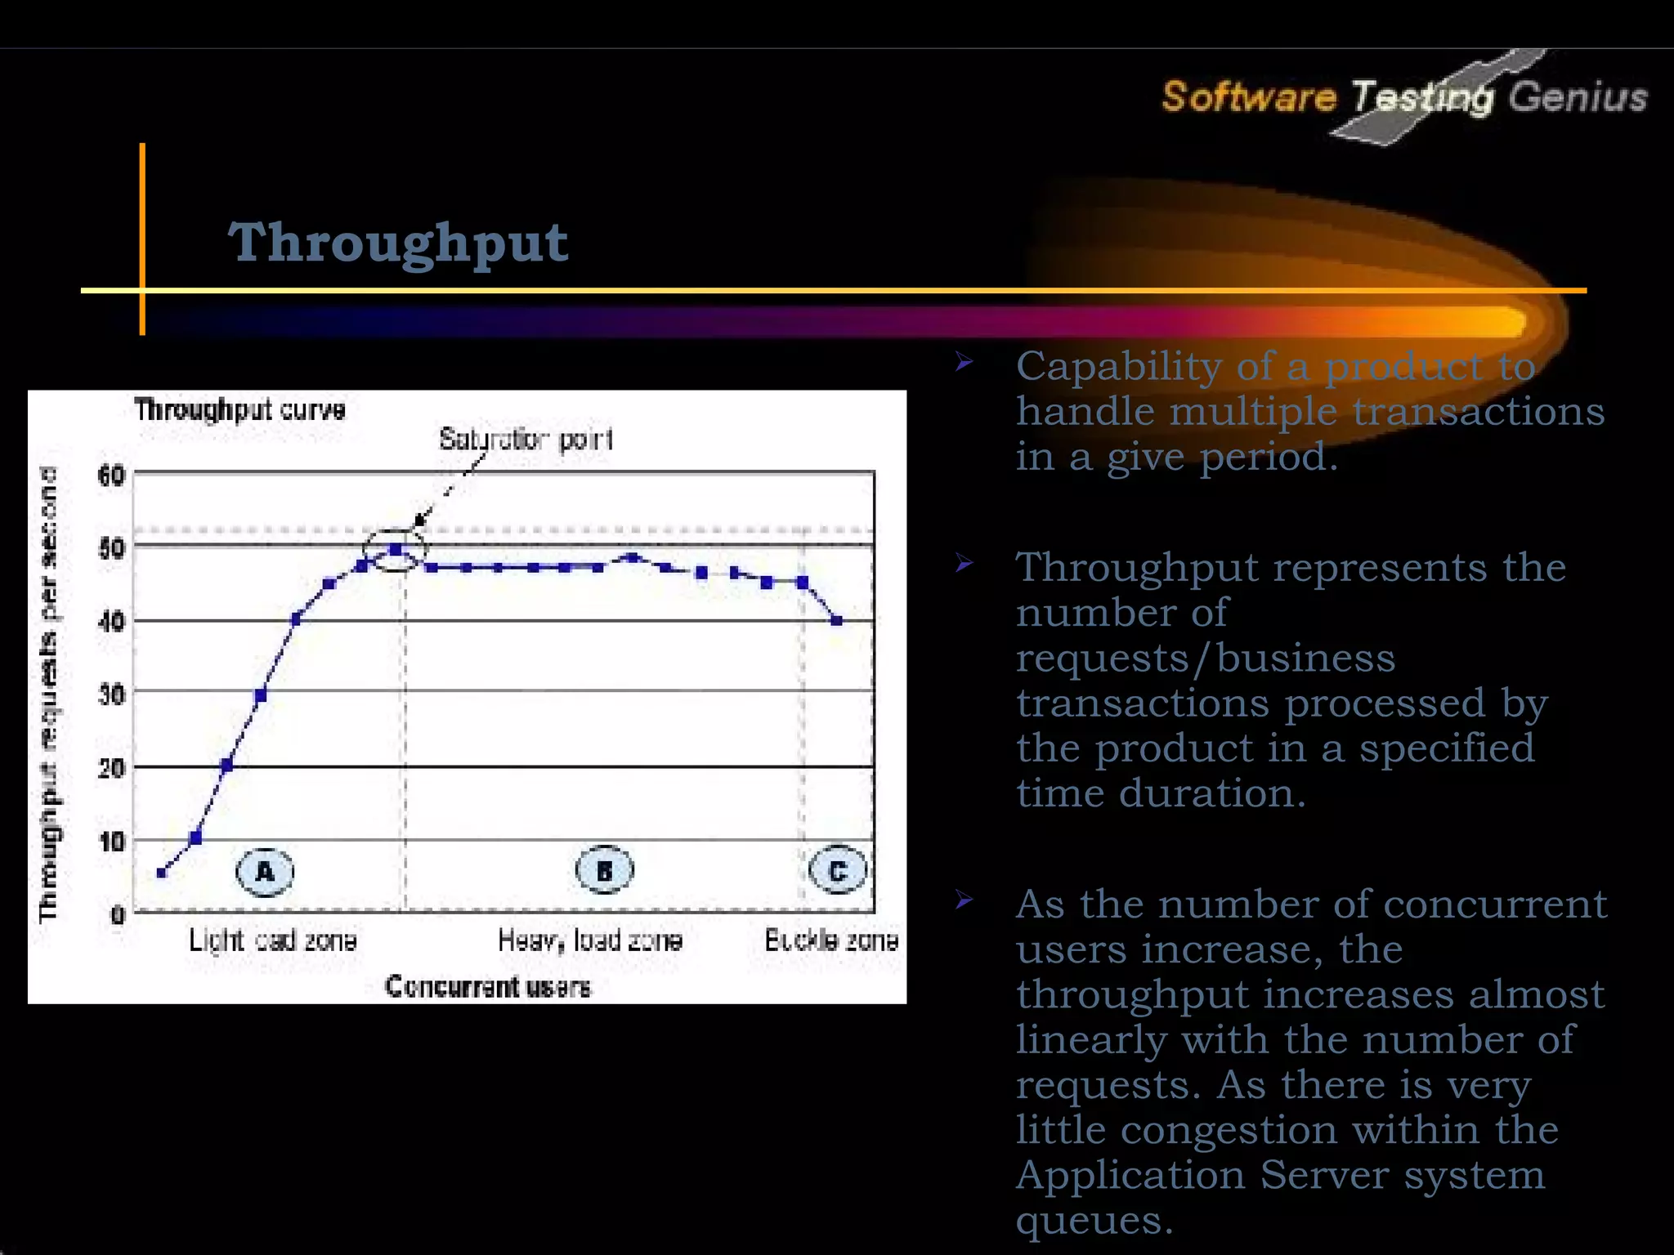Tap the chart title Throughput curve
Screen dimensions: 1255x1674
pyautogui.click(x=239, y=409)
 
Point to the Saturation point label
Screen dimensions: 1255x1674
pyautogui.click(x=526, y=440)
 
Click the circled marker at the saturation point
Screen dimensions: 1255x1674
pyautogui.click(x=396, y=550)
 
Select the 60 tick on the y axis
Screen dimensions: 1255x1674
pyautogui.click(x=110, y=476)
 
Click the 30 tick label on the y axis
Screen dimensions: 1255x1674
pyautogui.click(x=110, y=694)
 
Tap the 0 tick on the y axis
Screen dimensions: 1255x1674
pyautogui.click(x=118, y=914)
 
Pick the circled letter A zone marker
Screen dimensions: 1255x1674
pyautogui.click(x=265, y=871)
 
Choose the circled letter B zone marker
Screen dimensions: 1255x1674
pyautogui.click(x=604, y=871)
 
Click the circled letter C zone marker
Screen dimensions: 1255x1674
pyautogui.click(x=837, y=871)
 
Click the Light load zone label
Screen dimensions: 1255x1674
pyautogui.click(x=272, y=940)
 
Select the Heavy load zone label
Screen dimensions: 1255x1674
pyautogui.click(x=589, y=940)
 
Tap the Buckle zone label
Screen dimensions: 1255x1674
pyautogui.click(x=830, y=940)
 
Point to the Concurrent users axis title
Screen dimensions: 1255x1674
pyautogui.click(x=487, y=987)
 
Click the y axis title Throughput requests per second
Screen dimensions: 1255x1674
pyautogui.click(x=49, y=694)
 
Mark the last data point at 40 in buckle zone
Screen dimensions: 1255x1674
pyautogui.click(x=836, y=621)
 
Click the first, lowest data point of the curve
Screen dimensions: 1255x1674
pyautogui.click(x=161, y=873)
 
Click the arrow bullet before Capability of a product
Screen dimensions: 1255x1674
pyautogui.click(x=965, y=362)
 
